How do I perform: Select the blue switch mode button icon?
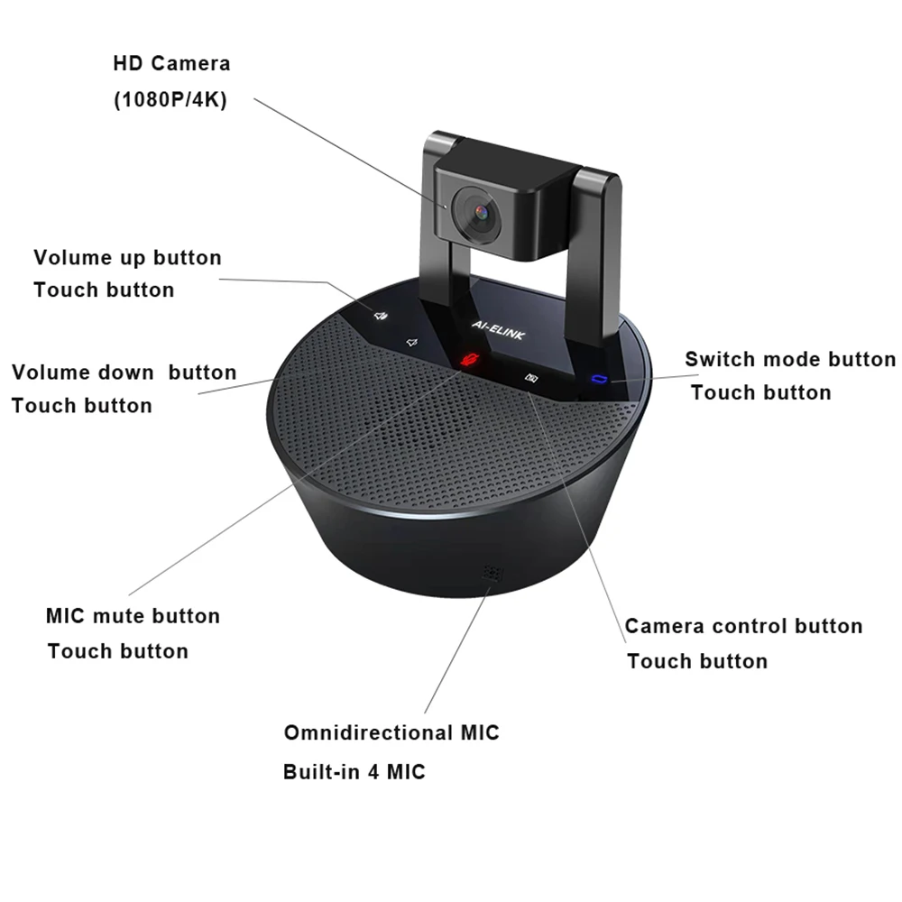click(596, 378)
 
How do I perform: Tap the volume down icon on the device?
click(411, 343)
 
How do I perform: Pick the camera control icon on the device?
click(532, 379)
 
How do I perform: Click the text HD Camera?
click(171, 64)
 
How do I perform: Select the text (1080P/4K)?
click(170, 100)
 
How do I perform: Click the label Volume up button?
click(127, 257)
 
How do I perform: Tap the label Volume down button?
click(124, 372)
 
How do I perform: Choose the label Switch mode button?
click(790, 359)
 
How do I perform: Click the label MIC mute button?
click(133, 616)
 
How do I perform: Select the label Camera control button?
click(743, 626)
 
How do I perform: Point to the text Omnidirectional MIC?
click(391, 732)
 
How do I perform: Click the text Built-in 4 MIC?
click(354, 772)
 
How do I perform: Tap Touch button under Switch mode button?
click(760, 392)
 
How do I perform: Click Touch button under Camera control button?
click(697, 661)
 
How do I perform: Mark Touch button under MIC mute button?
click(118, 651)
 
